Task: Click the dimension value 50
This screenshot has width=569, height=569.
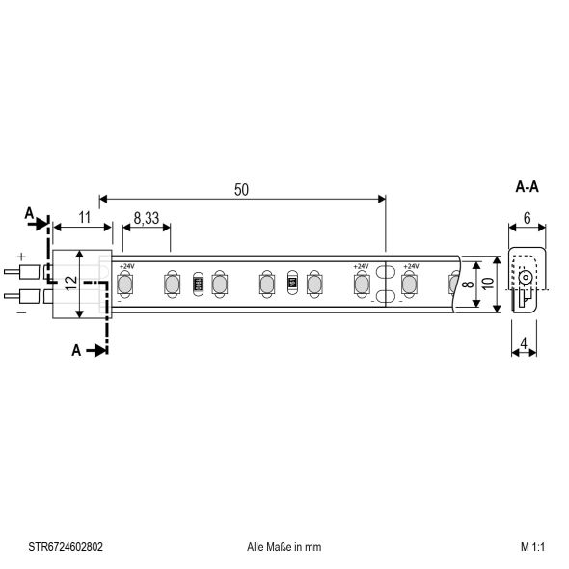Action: point(241,190)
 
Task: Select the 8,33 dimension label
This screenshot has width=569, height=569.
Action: point(147,219)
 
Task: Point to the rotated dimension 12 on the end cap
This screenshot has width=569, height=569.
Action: point(69,284)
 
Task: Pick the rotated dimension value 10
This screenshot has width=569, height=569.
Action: point(488,284)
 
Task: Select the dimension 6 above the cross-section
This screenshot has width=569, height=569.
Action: point(527,219)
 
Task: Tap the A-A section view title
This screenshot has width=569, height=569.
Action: point(527,187)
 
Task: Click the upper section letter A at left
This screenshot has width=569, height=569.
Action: point(29,212)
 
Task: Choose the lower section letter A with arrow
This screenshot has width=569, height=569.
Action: point(76,350)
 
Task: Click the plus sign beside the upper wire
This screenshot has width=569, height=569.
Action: point(20,257)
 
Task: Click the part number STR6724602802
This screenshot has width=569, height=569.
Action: point(67,546)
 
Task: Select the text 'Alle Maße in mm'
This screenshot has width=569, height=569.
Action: point(284,546)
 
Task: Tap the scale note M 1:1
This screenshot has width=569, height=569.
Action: point(533,546)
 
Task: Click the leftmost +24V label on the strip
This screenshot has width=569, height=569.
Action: point(126,265)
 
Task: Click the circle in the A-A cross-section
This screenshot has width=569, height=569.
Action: point(525,278)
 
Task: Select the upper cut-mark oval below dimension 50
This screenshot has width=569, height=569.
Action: point(385,272)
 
